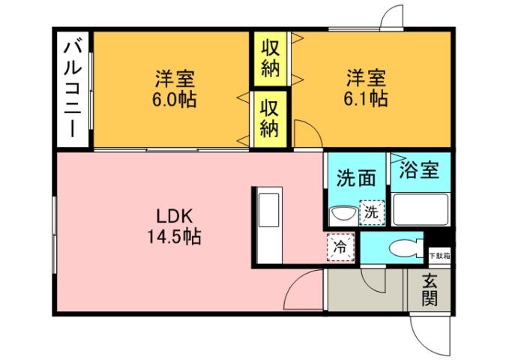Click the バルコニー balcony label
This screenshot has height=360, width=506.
[x=73, y=88]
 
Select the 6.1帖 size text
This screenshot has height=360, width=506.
[x=367, y=98]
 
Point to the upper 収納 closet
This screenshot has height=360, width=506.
[x=271, y=58]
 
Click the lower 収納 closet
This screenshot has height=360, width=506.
[x=271, y=118]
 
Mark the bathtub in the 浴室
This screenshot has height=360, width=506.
[x=421, y=209]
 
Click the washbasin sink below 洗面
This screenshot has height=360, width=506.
[x=344, y=214]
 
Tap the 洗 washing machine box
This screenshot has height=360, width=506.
[x=371, y=212]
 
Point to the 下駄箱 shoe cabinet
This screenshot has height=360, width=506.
[x=439, y=254]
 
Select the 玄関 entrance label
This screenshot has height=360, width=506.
[x=430, y=290]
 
